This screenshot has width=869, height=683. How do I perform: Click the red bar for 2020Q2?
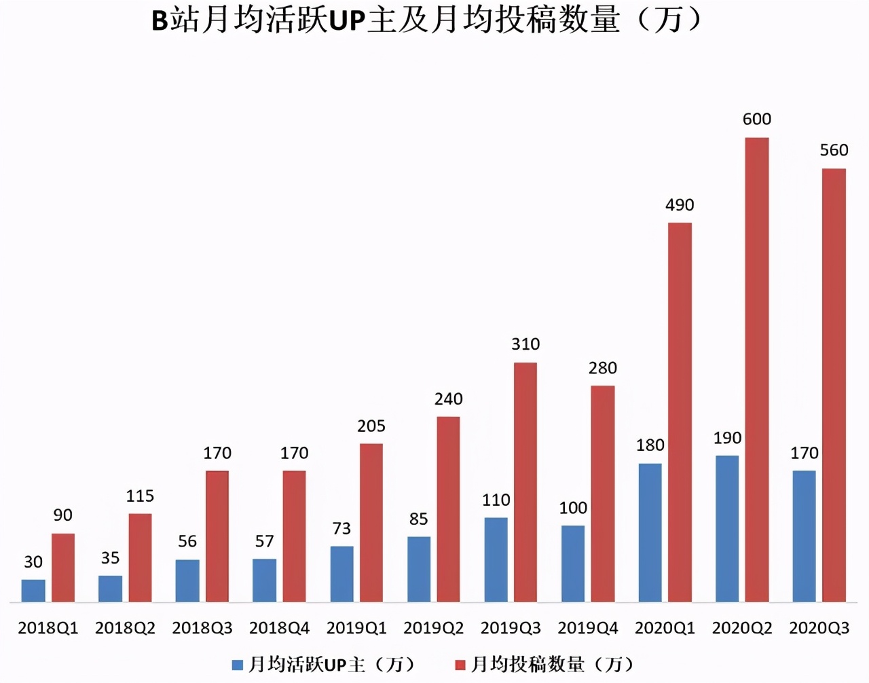point(757,370)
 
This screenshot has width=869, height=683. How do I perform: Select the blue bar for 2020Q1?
point(650,533)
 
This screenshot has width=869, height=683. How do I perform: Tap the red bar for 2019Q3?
point(525,482)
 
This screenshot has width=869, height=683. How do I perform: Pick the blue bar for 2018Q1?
point(33,591)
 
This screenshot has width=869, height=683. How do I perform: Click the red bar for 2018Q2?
point(140,557)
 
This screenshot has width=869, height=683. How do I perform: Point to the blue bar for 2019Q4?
point(573,564)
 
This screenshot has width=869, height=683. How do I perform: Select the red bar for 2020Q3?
point(834,385)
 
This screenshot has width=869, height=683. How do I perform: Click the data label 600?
point(757,119)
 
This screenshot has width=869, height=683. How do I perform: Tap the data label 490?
point(680,205)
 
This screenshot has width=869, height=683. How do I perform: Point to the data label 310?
point(525,344)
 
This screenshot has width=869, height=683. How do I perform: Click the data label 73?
point(341,528)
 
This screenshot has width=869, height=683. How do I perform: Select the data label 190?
point(727,438)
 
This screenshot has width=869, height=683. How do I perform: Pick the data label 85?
point(419,519)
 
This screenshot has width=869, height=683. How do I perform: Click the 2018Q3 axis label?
point(202,628)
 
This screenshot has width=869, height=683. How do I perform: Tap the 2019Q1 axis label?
point(356,628)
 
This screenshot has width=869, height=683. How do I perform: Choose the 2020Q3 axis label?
point(819,628)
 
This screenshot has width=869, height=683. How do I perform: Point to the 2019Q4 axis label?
point(588,628)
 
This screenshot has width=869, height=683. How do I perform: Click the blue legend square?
point(237,665)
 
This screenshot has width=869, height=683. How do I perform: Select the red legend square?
point(460,665)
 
